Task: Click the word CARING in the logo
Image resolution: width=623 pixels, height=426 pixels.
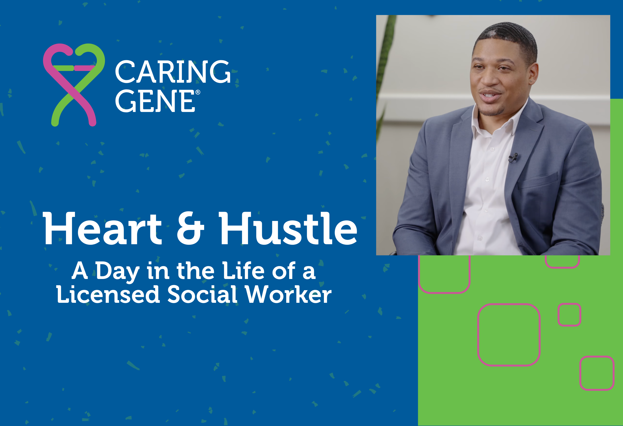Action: (x=173, y=71)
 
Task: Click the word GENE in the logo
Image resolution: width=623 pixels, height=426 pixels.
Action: (x=155, y=101)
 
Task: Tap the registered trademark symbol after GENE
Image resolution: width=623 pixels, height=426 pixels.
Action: (x=198, y=92)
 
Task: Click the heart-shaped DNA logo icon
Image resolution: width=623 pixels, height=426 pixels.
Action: (x=74, y=85)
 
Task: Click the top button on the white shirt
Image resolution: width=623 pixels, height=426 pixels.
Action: (x=492, y=149)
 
